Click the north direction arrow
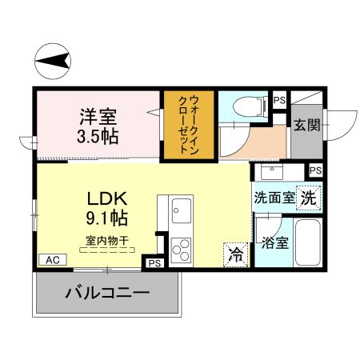(x=54, y=59)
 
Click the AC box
(x=52, y=260)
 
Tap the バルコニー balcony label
(x=107, y=294)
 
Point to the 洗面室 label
(x=273, y=198)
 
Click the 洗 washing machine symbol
(x=309, y=198)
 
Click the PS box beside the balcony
(x=154, y=262)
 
